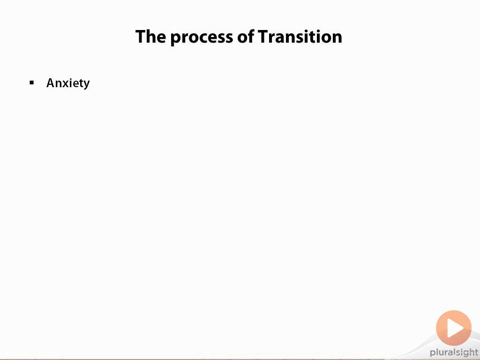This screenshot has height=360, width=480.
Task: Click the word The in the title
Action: coord(151,37)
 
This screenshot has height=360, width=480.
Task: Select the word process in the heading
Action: coord(202,38)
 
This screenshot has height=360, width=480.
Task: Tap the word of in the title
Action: coord(246,36)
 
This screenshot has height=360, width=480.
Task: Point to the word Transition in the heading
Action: coord(300,37)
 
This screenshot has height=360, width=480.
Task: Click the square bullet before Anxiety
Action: coord(32,82)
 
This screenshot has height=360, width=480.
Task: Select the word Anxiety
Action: coord(68,83)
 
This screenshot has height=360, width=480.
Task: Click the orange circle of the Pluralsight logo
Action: coord(454,328)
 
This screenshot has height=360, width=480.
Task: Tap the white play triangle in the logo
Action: coord(455,328)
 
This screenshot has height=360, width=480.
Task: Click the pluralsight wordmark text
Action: coord(454,352)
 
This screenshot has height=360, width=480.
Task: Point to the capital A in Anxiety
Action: coord(51,82)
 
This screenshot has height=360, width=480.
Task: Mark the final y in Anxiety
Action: coord(86,85)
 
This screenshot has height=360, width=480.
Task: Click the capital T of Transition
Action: coord(263,37)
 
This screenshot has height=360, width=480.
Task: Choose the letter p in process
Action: coord(176,39)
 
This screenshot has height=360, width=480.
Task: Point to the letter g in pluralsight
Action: coord(464,354)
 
